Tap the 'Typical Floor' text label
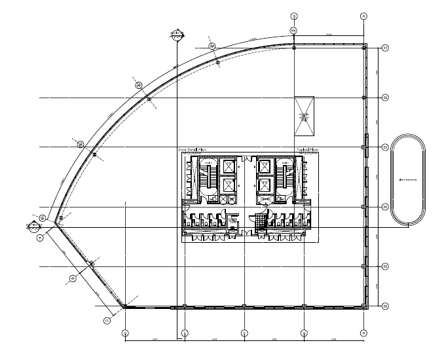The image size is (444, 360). point(307,150)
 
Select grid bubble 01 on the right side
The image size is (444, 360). point(386,48)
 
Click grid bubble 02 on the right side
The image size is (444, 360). point(386,98)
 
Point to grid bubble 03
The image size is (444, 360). point(386,147)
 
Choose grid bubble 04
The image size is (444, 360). point(386,207)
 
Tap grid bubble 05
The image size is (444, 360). point(386,266)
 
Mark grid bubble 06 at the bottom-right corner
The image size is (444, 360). point(386,306)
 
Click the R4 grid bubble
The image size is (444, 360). point(294,30)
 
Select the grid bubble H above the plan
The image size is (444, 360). point(363,16)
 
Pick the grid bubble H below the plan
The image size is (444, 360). point(363,333)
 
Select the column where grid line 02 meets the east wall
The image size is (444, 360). point(363,98)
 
